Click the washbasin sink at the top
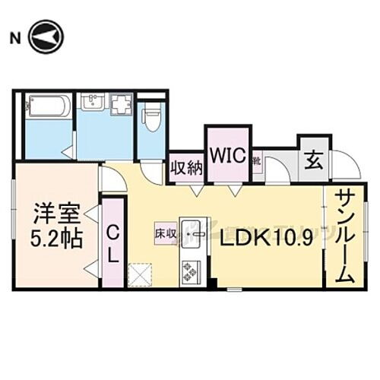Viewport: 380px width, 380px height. (93, 104)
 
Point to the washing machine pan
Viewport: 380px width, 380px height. (121, 104)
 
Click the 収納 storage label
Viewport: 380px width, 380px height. (185, 166)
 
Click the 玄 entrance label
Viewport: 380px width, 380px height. (312, 160)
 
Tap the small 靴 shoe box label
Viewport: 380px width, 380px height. (257, 161)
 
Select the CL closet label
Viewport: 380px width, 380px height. (112, 244)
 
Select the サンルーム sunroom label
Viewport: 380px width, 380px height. (343, 235)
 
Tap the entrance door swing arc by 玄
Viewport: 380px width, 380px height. (344, 166)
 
